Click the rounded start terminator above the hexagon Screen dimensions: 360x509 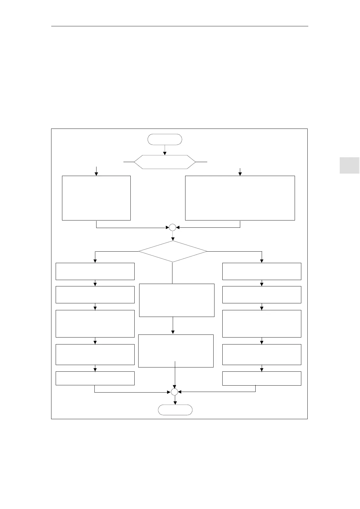165,139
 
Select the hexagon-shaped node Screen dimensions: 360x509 165,162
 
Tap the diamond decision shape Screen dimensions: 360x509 173,251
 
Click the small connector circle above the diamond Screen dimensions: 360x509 172,227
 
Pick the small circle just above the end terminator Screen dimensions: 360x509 174,392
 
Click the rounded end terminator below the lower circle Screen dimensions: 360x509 175,410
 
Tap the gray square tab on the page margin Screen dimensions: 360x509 349,165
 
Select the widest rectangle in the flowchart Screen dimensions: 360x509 240,198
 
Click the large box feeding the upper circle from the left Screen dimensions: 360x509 96,198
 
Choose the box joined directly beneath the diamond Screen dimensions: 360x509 177,300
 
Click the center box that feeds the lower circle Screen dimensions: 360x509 176,351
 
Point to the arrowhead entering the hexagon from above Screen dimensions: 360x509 165,154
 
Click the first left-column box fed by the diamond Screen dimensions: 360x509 95,271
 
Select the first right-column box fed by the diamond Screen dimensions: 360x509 262,271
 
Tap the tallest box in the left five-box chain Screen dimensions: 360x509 95,324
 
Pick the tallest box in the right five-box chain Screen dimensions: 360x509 262,324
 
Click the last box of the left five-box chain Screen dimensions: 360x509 95,378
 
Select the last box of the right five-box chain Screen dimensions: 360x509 262,378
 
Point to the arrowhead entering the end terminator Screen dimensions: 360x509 175,403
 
